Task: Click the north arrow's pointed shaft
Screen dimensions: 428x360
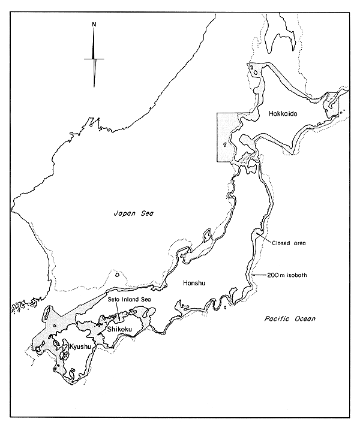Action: [x=95, y=72]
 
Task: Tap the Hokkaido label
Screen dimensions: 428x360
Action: [x=283, y=112]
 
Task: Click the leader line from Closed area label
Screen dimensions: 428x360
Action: [x=265, y=240]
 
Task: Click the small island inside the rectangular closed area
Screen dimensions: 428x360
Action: [x=225, y=144]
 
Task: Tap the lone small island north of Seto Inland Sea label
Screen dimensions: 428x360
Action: [x=115, y=276]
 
